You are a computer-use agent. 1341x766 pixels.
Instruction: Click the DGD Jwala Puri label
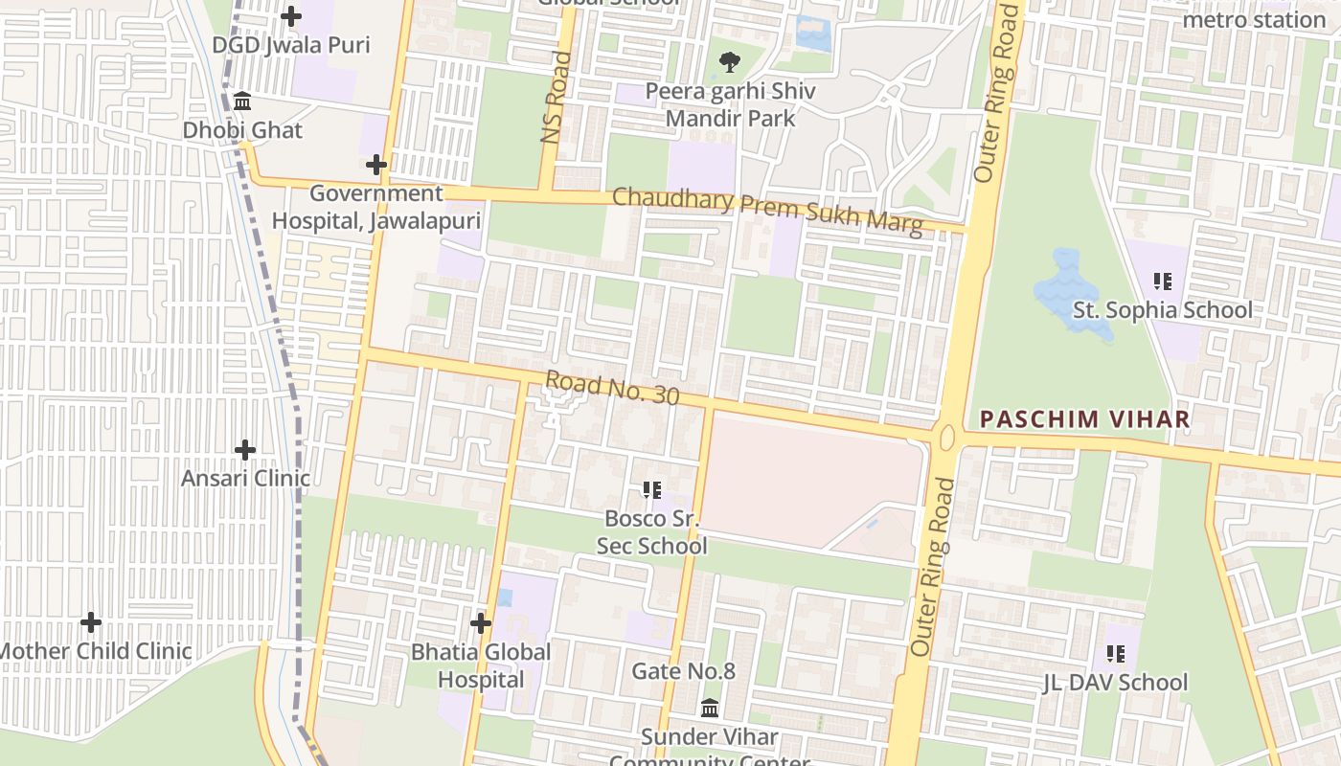[290, 45]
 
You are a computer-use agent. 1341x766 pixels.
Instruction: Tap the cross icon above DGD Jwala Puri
[291, 16]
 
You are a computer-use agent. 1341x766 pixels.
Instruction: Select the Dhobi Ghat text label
[242, 130]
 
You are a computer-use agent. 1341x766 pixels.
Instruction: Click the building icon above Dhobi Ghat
[242, 101]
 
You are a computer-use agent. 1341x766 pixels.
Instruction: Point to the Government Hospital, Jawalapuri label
[375, 207]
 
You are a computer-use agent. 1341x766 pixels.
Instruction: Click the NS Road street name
[556, 98]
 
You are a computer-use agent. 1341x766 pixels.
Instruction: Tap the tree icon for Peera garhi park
[730, 63]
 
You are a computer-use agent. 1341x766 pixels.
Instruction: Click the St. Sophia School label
[1162, 310]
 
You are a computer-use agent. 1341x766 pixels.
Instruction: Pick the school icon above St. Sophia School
[1162, 282]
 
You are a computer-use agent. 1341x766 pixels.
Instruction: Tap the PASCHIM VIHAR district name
[1085, 419]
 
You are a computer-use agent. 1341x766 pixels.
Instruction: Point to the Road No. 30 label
[612, 388]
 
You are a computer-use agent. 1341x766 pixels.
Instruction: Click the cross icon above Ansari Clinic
[245, 449]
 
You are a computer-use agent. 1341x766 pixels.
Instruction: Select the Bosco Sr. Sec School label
[651, 532]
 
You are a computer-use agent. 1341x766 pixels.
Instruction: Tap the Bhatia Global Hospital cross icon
[481, 623]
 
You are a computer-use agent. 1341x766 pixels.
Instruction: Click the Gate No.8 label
[683, 671]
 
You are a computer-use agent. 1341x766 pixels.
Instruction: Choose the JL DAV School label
[1115, 683]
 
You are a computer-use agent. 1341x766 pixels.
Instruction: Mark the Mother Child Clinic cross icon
[91, 622]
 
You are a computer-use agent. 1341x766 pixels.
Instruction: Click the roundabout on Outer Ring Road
[948, 439]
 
